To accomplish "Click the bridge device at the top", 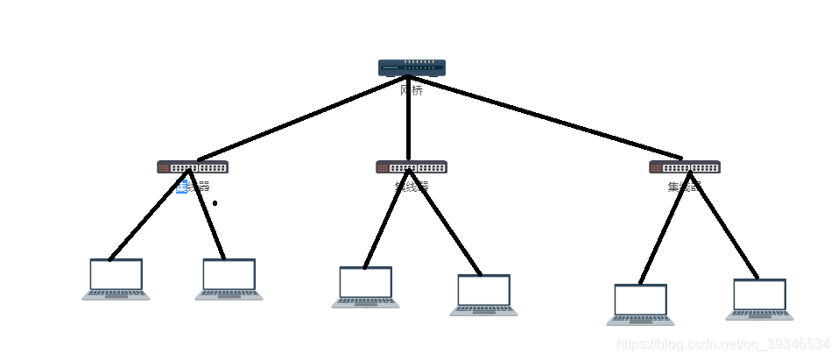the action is point(412,67).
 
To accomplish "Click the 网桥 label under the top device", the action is point(412,90).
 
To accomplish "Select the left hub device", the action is point(193,166).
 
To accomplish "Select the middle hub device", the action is point(412,166).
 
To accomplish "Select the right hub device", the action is point(685,166).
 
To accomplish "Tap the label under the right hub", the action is point(684,187).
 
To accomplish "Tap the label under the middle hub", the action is point(412,187).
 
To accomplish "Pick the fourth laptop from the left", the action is point(484,294).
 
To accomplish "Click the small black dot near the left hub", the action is point(215,203).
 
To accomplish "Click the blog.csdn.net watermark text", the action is point(723,344).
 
